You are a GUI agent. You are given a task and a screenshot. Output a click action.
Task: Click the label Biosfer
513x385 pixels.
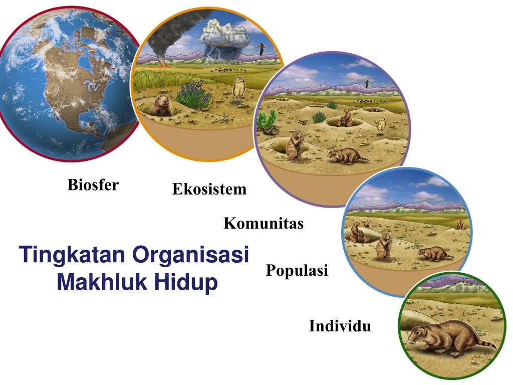click(x=93, y=185)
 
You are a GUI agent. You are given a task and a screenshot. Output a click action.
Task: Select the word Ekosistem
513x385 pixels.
click(x=209, y=189)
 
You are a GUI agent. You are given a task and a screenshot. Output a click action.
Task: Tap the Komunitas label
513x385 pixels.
click(x=264, y=223)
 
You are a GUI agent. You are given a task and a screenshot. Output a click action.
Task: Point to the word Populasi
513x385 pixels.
click(x=297, y=271)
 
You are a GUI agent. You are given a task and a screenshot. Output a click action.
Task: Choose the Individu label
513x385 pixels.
click(x=340, y=326)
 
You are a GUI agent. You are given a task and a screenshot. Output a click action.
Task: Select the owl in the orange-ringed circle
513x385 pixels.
click(x=239, y=89)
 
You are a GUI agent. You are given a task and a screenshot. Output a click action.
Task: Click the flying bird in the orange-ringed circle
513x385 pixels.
click(x=260, y=48)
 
